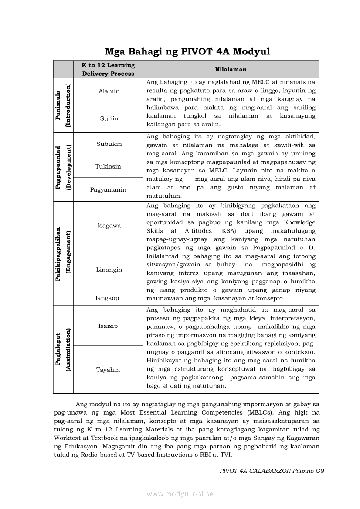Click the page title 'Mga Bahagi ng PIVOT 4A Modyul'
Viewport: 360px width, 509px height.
coord(187,51)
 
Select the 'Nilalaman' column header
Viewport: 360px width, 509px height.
coord(231,69)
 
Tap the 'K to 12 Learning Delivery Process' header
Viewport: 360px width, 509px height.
coord(108,69)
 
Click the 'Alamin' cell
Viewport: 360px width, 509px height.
coord(109,91)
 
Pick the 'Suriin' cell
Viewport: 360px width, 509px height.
coord(109,118)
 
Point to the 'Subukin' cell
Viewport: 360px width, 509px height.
coord(109,144)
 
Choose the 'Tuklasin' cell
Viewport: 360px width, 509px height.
coord(108,166)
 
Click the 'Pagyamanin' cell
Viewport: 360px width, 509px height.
coord(108,189)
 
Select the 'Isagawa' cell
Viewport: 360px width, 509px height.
coord(109,226)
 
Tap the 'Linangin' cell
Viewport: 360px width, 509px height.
coord(109,270)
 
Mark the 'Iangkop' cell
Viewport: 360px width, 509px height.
coord(107,298)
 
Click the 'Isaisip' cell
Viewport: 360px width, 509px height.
coord(108,326)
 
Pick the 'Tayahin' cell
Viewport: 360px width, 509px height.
coord(108,370)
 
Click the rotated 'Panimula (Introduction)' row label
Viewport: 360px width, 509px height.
coord(63,105)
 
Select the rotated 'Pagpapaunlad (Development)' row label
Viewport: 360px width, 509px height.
coord(63,166)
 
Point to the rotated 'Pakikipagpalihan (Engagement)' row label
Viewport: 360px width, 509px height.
coord(63,253)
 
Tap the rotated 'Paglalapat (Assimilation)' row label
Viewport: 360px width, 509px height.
coord(63,349)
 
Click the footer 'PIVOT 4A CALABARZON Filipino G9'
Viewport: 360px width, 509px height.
coord(272,471)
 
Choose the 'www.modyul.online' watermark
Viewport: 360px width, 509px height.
coord(180,494)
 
